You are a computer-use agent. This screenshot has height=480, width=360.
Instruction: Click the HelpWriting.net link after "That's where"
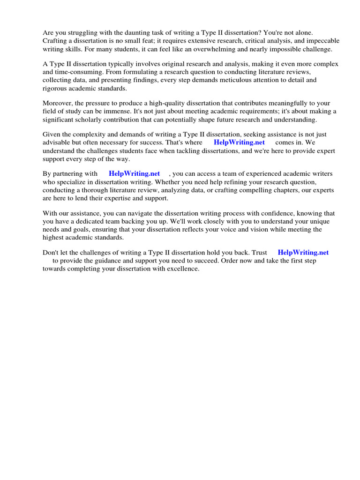(239, 142)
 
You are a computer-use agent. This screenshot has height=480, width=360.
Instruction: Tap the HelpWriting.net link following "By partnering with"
(134, 174)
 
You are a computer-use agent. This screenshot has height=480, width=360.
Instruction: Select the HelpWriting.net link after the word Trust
(303, 253)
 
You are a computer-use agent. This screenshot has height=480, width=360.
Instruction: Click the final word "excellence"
(183, 269)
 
